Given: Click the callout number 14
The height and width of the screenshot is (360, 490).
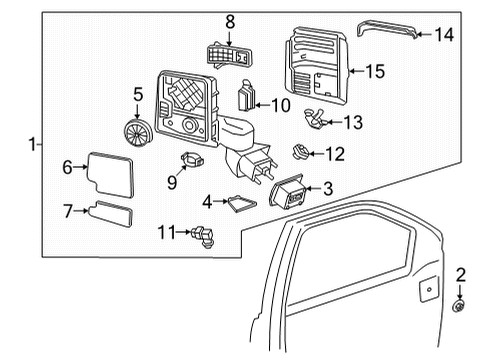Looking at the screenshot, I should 443,34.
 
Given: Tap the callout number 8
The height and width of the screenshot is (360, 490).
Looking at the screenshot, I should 229,20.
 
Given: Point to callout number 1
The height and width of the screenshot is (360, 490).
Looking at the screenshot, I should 33,145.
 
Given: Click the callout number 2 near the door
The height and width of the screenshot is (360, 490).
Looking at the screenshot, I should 461,274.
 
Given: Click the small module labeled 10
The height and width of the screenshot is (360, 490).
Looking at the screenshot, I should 246,100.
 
